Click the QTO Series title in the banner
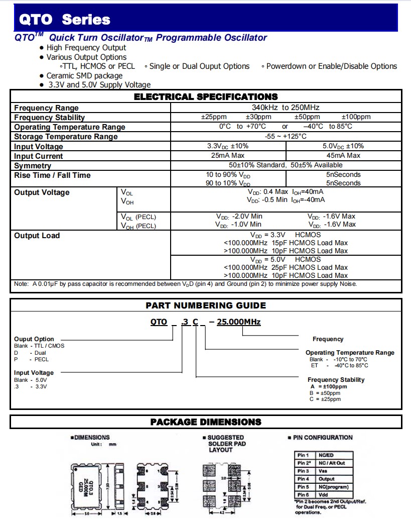[64, 20]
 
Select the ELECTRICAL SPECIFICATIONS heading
[206, 96]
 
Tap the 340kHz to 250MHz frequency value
[286, 108]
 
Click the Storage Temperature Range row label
[66, 137]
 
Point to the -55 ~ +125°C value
[286, 136]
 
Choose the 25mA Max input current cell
[228, 156]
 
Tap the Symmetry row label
[33, 166]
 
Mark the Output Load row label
[37, 236]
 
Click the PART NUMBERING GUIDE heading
[206, 305]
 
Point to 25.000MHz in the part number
[238, 322]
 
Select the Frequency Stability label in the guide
[336, 380]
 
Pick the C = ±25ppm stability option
[325, 399]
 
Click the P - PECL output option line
[32, 360]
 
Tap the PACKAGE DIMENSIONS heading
[206, 422]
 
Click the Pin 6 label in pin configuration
[303, 495]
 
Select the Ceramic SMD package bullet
[84, 75]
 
